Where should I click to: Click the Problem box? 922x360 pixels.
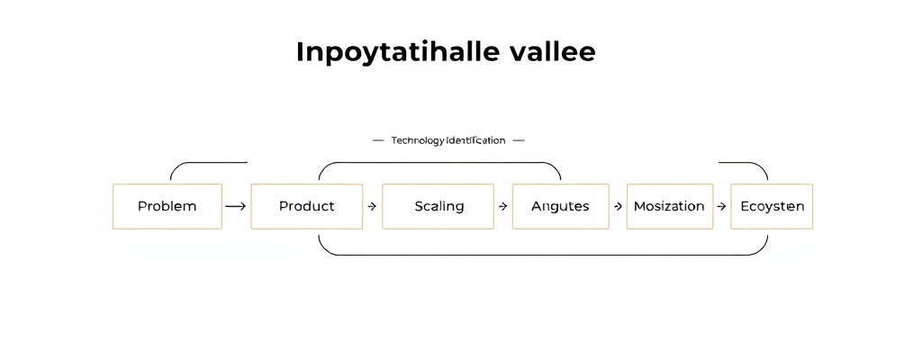pos(167,206)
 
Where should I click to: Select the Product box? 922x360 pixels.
pos(306,206)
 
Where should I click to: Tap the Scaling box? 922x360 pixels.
pos(438,206)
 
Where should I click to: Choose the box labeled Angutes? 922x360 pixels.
pos(560,206)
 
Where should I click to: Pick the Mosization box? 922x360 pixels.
pos(669,206)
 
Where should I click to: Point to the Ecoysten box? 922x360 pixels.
pos(772,206)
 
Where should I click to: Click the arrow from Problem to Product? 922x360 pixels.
pos(235,206)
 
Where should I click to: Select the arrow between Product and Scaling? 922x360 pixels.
pos(372,206)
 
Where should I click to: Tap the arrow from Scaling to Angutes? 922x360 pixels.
pos(502,206)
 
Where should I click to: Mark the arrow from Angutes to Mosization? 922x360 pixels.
pos(618,206)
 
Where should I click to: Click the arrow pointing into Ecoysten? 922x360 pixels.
pos(721,206)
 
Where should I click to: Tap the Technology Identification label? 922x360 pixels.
pos(447,140)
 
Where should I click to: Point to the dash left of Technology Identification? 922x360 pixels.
pos(378,140)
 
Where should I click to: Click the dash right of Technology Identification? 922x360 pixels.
pos(517,140)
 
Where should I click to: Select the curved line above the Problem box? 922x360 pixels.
pos(207,163)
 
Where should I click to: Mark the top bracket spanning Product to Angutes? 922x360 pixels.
pos(439,163)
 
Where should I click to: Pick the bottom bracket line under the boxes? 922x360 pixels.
pos(540,255)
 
